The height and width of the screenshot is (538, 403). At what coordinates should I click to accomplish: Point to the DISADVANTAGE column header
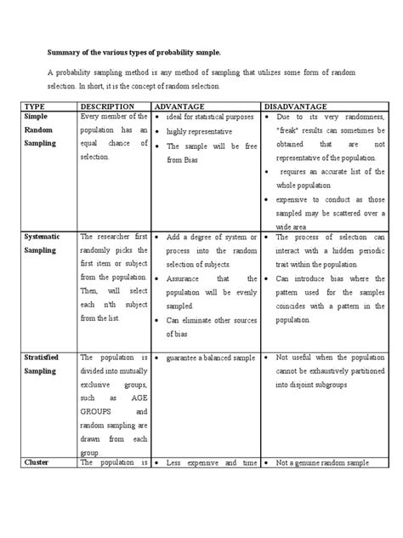tap(301, 105)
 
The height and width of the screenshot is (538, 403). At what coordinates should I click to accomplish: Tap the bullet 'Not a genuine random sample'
tap(321, 463)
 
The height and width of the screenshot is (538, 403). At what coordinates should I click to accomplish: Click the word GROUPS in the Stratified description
tap(97, 409)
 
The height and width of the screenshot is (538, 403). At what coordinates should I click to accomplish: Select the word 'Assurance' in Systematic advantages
tap(184, 278)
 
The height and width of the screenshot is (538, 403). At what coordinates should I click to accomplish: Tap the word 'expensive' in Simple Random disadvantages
tap(290, 197)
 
